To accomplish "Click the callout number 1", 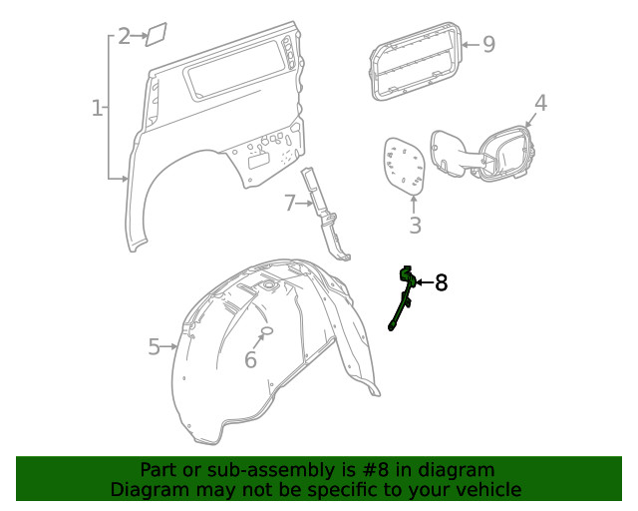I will pos(98,108).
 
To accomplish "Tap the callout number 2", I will pos(124,37).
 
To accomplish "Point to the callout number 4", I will pos(540,103).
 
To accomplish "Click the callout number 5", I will pos(155,346).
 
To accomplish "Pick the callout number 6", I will pos(250,359).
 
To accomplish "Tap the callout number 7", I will pos(289,204).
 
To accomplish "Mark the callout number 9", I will pos(488,44).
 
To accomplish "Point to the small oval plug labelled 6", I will pos(267,332).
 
